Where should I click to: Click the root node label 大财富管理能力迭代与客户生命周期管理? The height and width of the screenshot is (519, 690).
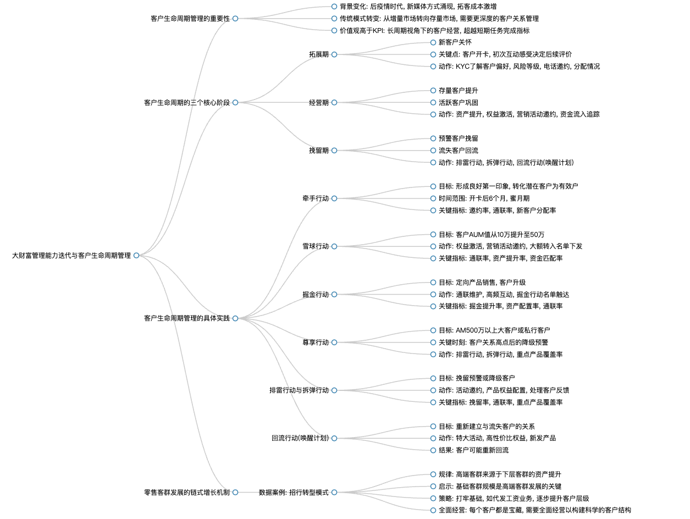(x=71, y=256)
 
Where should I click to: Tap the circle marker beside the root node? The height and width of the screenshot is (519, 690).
(x=136, y=256)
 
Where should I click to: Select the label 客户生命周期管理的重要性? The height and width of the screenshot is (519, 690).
(x=190, y=19)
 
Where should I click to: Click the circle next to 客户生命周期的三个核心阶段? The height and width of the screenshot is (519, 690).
(x=235, y=102)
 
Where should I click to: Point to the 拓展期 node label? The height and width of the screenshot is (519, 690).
(x=319, y=54)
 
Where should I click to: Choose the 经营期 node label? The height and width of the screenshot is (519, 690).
(x=319, y=102)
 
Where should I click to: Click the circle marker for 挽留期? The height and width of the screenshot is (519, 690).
(x=334, y=151)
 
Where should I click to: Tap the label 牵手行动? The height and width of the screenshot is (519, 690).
(x=315, y=198)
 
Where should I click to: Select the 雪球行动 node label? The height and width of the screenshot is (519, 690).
(x=315, y=246)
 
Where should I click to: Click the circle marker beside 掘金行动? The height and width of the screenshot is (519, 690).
(x=334, y=295)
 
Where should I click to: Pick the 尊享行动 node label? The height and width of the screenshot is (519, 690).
(x=315, y=343)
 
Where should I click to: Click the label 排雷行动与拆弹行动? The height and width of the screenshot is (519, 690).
(x=299, y=390)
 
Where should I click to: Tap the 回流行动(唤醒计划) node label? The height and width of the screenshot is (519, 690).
(x=300, y=438)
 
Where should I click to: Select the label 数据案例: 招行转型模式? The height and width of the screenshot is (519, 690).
(x=294, y=492)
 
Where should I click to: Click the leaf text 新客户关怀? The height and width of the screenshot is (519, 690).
(x=455, y=42)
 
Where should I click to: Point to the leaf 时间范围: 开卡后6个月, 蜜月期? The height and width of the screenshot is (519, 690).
(x=484, y=198)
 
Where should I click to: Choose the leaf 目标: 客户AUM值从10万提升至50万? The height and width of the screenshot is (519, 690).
(x=492, y=235)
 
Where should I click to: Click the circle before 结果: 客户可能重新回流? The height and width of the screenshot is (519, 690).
(x=433, y=450)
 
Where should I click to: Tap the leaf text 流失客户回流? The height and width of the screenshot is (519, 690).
(x=459, y=151)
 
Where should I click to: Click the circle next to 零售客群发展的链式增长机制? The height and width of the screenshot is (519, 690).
(x=235, y=492)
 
